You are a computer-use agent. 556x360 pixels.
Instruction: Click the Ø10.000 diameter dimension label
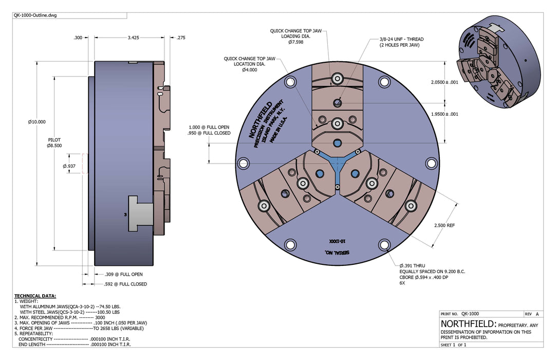coord(37,122)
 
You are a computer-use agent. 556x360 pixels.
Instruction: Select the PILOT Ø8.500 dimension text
coord(54,143)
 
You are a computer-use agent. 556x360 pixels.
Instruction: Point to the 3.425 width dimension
coord(133,37)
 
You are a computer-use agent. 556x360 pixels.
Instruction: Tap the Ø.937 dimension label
coord(69,166)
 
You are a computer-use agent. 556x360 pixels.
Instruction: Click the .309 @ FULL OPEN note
coord(123,274)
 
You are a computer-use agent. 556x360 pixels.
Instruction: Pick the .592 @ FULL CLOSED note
coord(125,284)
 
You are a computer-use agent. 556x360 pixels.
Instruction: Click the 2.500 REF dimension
coord(444,225)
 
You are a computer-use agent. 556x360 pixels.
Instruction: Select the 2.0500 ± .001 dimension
coord(444,82)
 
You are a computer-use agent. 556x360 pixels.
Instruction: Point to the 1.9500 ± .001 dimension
coord(444,114)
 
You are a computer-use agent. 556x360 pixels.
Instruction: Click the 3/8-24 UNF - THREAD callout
coord(401,39)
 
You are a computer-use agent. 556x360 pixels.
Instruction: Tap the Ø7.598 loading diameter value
coord(296,42)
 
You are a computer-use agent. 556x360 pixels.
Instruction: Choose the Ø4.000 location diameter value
coord(250,70)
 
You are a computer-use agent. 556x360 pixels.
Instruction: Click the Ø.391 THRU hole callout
coord(412,265)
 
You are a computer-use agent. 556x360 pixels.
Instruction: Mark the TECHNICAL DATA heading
coord(35,296)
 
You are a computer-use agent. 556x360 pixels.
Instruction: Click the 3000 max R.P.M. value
coord(100,317)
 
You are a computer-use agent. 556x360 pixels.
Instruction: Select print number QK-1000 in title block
coord(470,314)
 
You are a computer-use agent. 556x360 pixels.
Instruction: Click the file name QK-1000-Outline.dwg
coord(35,15)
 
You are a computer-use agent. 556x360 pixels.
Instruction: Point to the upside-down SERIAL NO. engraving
coord(337,253)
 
